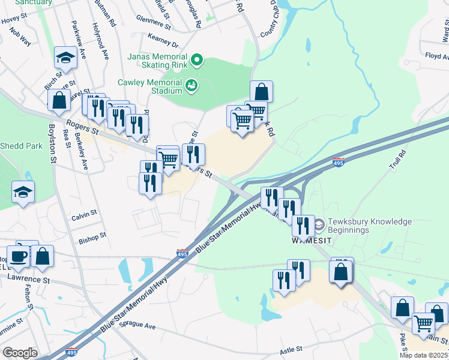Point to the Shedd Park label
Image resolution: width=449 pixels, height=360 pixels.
pyautogui.click(x=22, y=146)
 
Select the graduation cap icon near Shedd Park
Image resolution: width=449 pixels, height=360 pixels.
pyautogui.click(x=23, y=192)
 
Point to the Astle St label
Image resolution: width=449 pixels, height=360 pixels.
pyautogui.click(x=290, y=350)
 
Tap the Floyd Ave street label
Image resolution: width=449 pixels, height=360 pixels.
pyautogui.click(x=437, y=56)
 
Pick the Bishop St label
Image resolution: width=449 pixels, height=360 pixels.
pyautogui.click(x=92, y=236)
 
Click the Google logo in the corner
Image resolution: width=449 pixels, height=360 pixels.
pyautogui.click(x=20, y=353)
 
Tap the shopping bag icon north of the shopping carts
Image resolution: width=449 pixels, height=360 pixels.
pyautogui.click(x=261, y=92)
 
